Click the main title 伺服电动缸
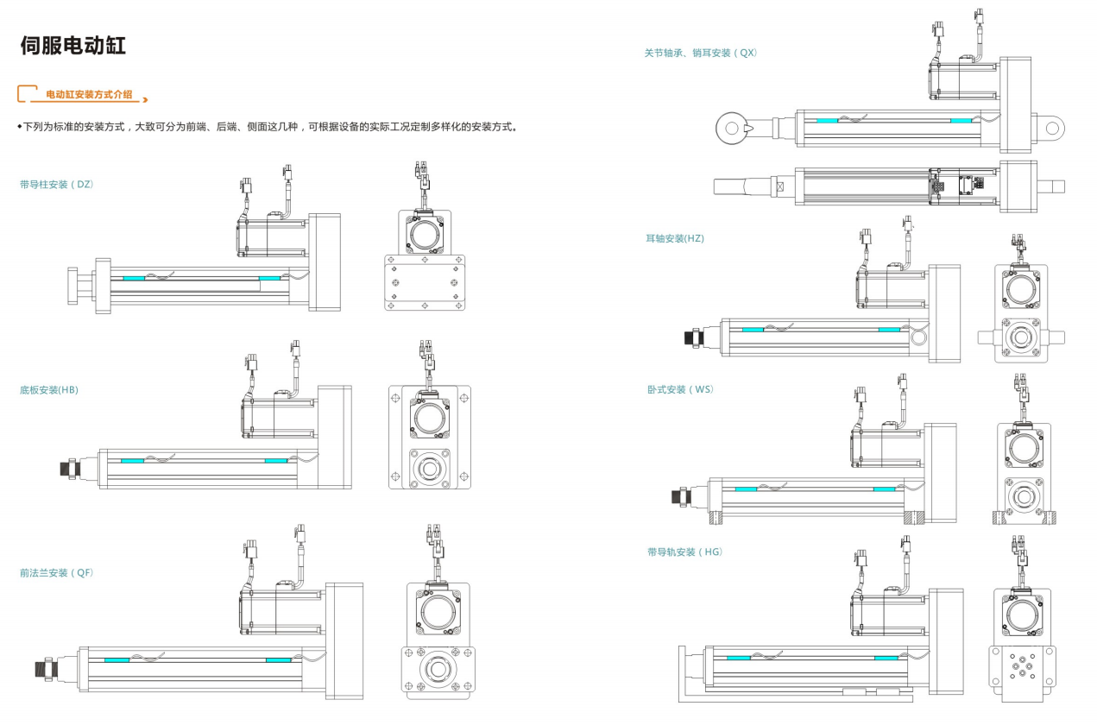click(x=73, y=46)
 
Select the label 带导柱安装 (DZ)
click(x=56, y=184)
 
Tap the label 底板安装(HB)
click(x=49, y=390)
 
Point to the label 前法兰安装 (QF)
click(x=56, y=572)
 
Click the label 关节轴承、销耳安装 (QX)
click(x=700, y=53)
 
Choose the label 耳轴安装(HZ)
click(x=675, y=238)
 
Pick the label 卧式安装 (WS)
click(x=680, y=389)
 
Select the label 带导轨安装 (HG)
click(x=684, y=552)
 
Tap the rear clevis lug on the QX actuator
click(x=1050, y=128)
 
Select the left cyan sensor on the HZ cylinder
click(x=753, y=330)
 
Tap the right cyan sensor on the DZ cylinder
click(x=269, y=279)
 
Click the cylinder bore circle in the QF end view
click(x=438, y=670)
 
